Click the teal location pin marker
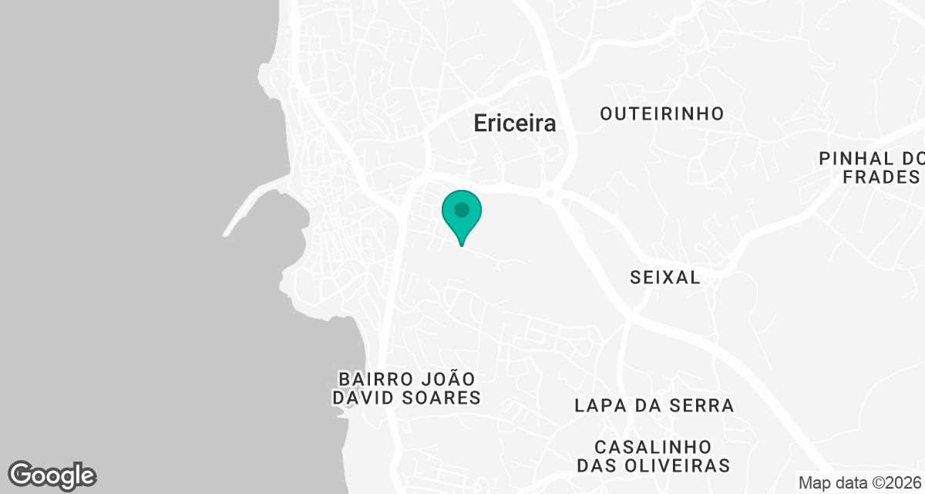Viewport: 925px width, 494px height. pyautogui.click(x=462, y=215)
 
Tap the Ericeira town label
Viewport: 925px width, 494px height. pyautogui.click(x=514, y=123)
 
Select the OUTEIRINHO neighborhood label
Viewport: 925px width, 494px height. pyautogui.click(x=662, y=114)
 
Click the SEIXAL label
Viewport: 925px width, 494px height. pyautogui.click(x=665, y=278)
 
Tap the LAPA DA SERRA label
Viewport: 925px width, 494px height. pyautogui.click(x=654, y=405)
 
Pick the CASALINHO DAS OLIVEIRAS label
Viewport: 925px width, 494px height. pyautogui.click(x=654, y=456)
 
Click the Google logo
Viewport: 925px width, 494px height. pyautogui.click(x=52, y=475)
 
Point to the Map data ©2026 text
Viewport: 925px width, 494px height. pyautogui.click(x=859, y=482)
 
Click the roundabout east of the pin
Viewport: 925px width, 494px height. pyautogui.click(x=550, y=193)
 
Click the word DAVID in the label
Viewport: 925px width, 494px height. pyautogui.click(x=364, y=398)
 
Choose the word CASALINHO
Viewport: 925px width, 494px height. pyautogui.click(x=654, y=447)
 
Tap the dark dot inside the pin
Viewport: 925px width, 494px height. pyautogui.click(x=462, y=210)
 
